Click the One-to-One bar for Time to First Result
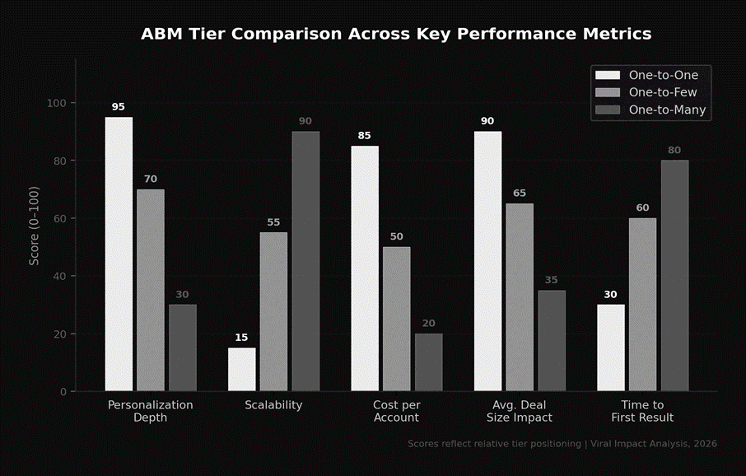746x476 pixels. coord(611,348)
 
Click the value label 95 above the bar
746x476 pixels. coord(119,107)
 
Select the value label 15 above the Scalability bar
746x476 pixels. coord(241,338)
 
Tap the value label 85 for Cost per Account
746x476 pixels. coord(365,136)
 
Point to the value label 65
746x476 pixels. coord(520,194)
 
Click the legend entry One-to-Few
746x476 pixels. coord(662,92)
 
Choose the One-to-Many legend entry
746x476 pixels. coord(667,110)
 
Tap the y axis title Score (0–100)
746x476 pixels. coord(34,225)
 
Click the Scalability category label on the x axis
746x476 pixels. coord(273,405)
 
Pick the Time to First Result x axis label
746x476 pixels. coord(642,411)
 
